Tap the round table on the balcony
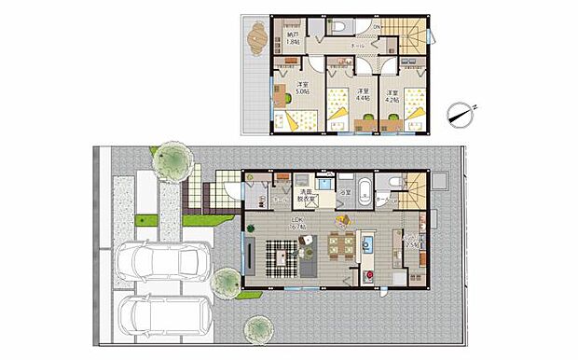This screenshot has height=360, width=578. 256,38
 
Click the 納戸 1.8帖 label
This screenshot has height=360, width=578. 295,38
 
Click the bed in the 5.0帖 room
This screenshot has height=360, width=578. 298,118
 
